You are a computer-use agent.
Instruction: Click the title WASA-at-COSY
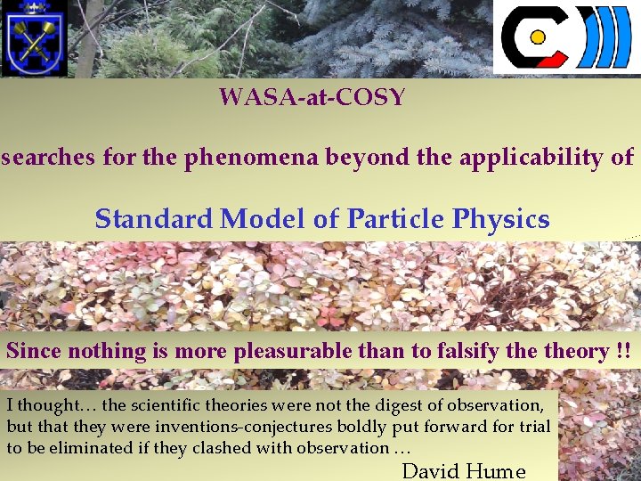(312, 97)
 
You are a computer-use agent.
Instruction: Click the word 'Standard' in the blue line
(153, 218)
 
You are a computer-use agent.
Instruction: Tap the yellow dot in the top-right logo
(537, 38)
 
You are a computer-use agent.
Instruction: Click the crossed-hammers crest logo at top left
(35, 38)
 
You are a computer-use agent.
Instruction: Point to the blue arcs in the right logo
(605, 38)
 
